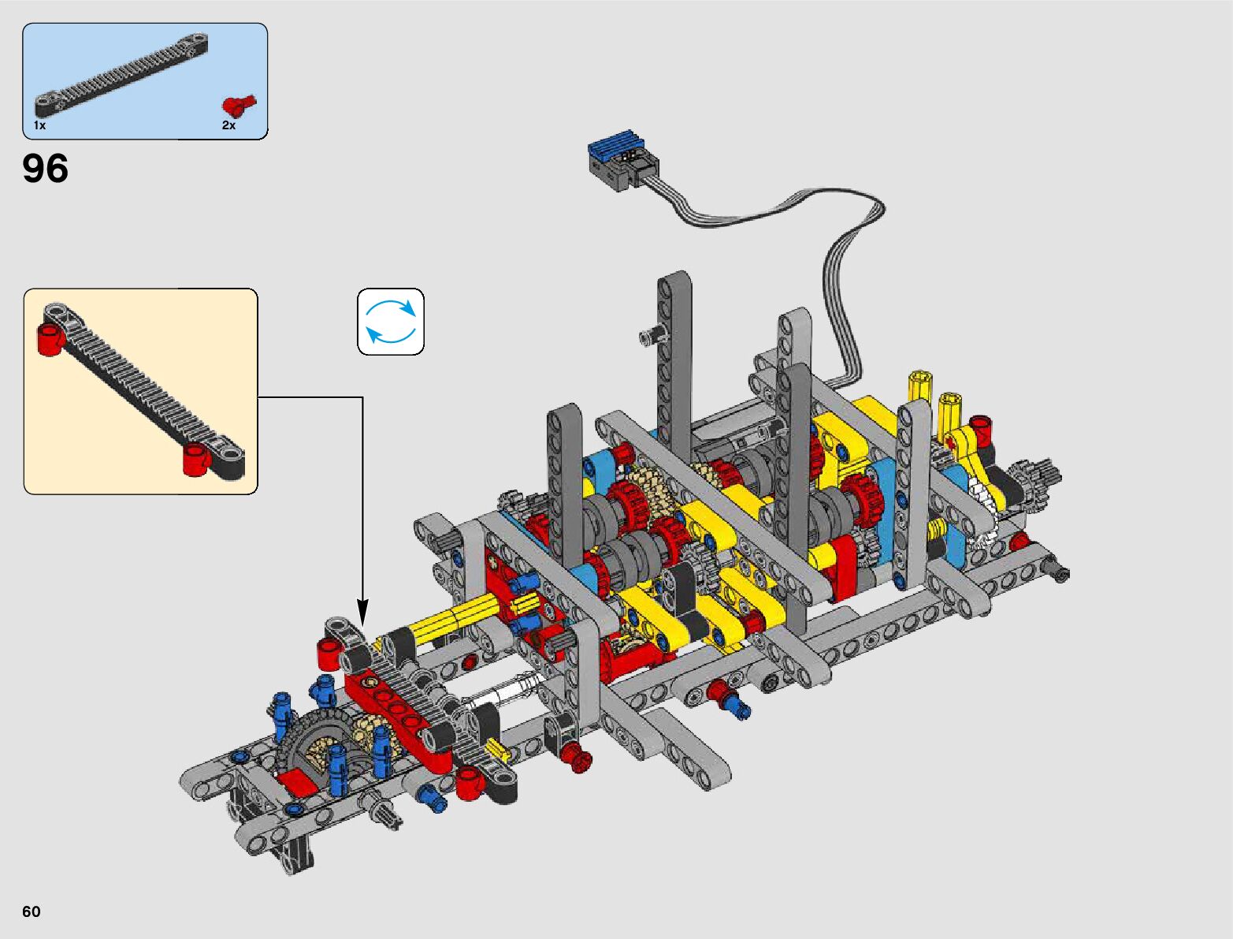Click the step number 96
[46, 168]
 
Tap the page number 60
[32, 911]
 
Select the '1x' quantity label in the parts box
[40, 125]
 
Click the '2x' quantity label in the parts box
[228, 125]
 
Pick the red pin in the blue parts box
[239, 105]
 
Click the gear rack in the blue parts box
[121, 75]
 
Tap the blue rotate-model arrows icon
[391, 322]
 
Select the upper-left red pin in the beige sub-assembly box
[50, 339]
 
